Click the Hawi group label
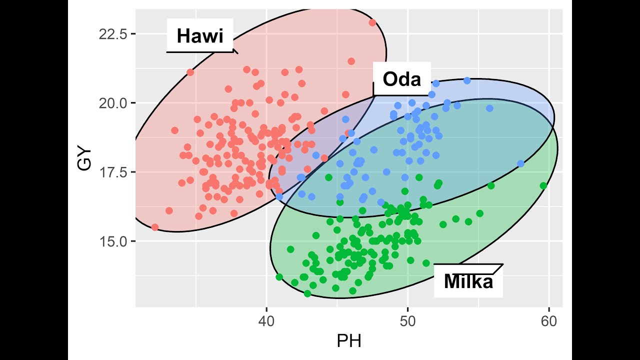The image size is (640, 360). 199,36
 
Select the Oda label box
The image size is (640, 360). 401,79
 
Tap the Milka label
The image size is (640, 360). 468,281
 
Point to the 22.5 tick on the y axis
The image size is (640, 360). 113,34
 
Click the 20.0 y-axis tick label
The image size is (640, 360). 113,103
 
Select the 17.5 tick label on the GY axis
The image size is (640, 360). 113,172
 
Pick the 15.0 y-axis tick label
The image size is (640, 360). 113,241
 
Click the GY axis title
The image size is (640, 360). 85,159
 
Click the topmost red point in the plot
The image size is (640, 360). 372,22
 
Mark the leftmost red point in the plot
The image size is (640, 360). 155,227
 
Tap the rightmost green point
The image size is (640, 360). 543,185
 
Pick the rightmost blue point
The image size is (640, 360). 520,163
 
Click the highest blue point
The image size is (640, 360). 467,80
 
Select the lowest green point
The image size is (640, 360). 307,293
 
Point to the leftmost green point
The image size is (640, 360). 279,277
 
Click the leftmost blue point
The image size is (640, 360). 279,196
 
